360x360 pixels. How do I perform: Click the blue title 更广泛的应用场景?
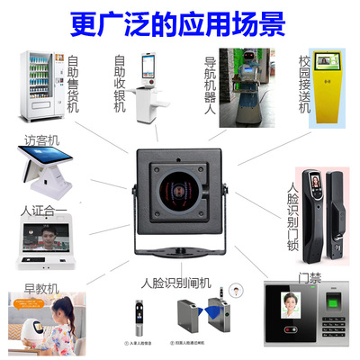pos(180,19)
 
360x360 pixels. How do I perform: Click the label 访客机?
pos(44,141)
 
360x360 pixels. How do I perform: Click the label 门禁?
pos(300,277)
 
